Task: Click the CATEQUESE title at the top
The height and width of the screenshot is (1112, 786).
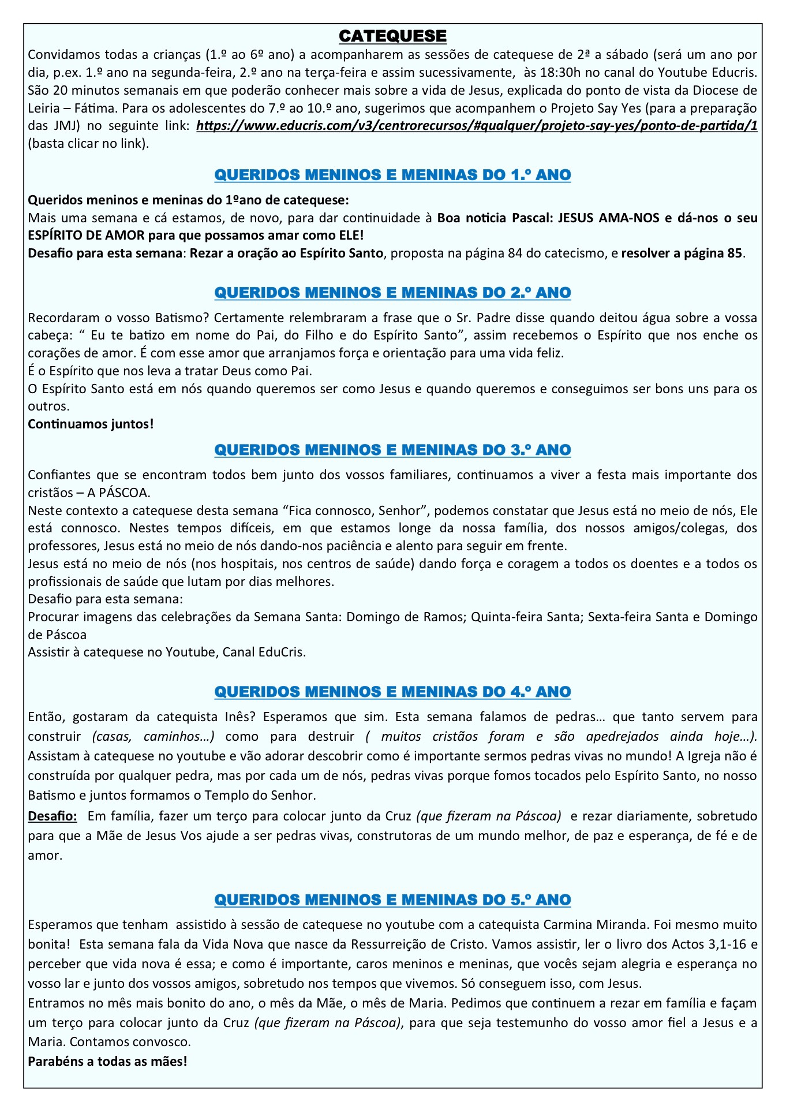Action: point(392,36)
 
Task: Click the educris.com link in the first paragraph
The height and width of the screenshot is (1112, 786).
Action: point(477,126)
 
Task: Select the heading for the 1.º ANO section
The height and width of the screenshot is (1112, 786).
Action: point(392,175)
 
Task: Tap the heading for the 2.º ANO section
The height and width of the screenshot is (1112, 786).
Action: point(392,293)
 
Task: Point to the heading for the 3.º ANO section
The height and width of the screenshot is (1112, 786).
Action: point(392,450)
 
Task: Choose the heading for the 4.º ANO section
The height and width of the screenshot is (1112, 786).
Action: point(392,692)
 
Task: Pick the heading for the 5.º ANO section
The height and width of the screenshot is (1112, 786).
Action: point(392,900)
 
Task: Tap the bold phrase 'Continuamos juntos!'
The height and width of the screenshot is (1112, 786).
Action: point(91,424)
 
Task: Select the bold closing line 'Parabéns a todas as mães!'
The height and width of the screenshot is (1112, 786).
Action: point(107,1061)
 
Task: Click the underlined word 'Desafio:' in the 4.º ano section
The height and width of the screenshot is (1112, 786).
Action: point(52,816)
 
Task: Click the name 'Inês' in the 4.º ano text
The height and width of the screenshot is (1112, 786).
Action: point(237,717)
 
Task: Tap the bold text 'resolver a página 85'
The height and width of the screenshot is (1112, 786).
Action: point(682,253)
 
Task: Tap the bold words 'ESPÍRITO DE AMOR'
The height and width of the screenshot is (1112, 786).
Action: point(87,236)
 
